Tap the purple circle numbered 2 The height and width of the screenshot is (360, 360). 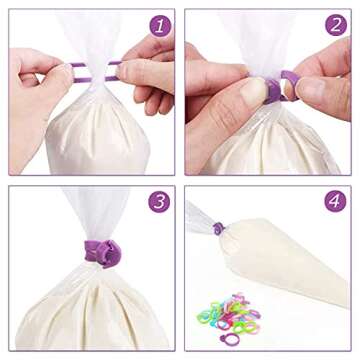tap(336, 25)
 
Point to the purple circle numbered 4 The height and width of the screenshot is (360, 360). tap(336, 202)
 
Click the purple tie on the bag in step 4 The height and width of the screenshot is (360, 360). tap(218, 229)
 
